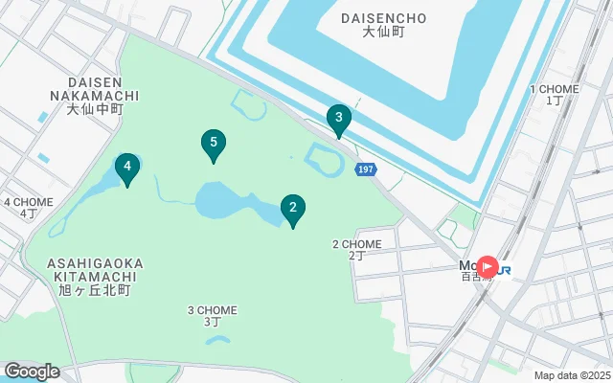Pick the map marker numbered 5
click(x=214, y=145)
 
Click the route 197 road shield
click(x=365, y=169)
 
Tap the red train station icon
click(x=488, y=267)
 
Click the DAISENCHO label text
click(x=382, y=18)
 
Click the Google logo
click(x=31, y=372)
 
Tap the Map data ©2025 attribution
click(x=571, y=375)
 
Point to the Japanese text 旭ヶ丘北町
click(x=94, y=288)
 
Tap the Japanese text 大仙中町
click(x=96, y=109)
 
